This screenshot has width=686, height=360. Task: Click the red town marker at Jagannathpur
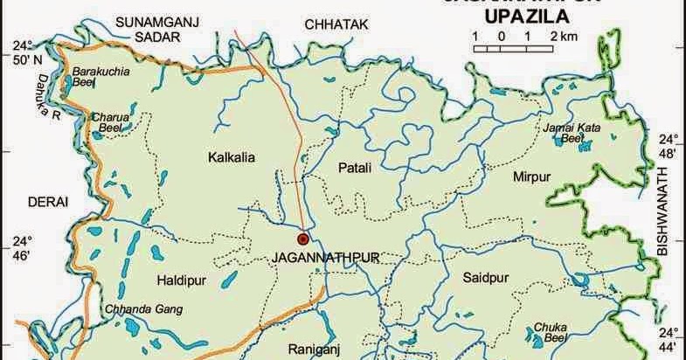[303, 238]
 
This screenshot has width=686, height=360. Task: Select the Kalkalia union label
[231, 158]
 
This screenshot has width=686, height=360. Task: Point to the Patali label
[354, 167]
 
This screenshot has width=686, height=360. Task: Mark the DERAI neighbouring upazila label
[48, 202]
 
